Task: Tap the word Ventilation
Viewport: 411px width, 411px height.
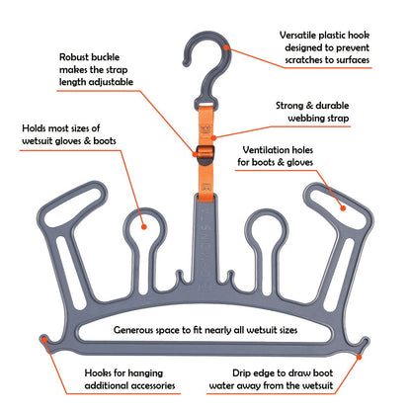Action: pos(268,151)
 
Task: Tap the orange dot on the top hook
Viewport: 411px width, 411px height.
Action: pos(226,44)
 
